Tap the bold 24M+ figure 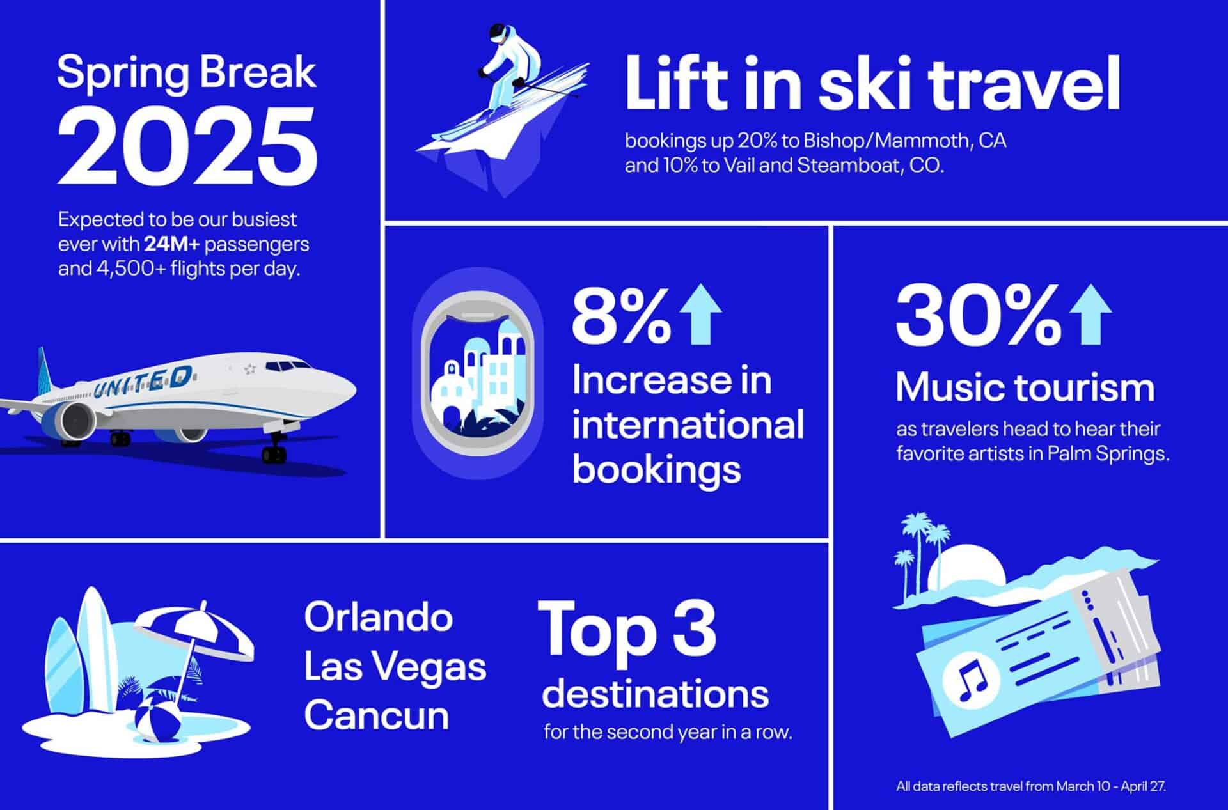coord(171,244)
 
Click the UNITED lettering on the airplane coord(143,382)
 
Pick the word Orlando coord(379,618)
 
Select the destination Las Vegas coord(395,667)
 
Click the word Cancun coord(377,715)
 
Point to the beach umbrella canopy coord(195,632)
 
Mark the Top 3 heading coord(627,630)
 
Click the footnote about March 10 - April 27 coord(1030,786)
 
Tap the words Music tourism coord(1025,388)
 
